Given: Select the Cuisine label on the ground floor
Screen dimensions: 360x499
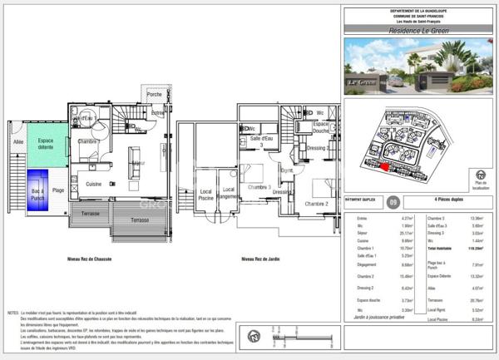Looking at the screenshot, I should click(x=94, y=184).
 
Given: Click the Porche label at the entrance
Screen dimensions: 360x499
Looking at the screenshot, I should click(x=155, y=94).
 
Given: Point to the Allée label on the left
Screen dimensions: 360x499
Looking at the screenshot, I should click(x=18, y=143).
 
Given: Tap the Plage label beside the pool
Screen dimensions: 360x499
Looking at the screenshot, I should click(x=58, y=191).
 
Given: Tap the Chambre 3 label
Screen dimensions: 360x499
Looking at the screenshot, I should click(x=258, y=187).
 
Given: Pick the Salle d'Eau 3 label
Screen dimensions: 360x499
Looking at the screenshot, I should click(x=264, y=141).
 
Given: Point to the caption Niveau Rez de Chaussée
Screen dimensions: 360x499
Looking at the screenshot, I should click(x=91, y=259).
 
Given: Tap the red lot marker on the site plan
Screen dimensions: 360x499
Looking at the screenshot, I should click(x=384, y=167).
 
